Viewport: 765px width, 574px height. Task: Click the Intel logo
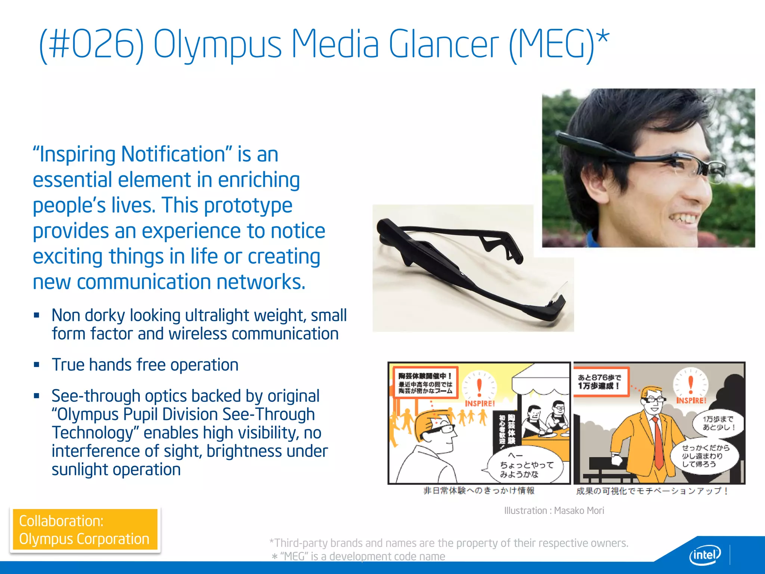pyautogui.click(x=704, y=556)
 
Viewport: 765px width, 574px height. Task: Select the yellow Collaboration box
pyautogui.click(x=85, y=530)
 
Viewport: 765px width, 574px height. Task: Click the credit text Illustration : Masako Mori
pyautogui.click(x=554, y=510)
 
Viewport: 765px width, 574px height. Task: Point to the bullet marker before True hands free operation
pyautogui.click(x=37, y=365)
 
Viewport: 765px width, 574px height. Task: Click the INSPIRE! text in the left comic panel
pyautogui.click(x=480, y=404)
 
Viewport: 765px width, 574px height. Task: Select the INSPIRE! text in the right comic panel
pyautogui.click(x=691, y=401)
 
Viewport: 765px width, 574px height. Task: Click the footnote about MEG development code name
pyautogui.click(x=359, y=556)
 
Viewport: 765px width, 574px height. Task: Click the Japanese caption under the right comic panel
pyautogui.click(x=652, y=491)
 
